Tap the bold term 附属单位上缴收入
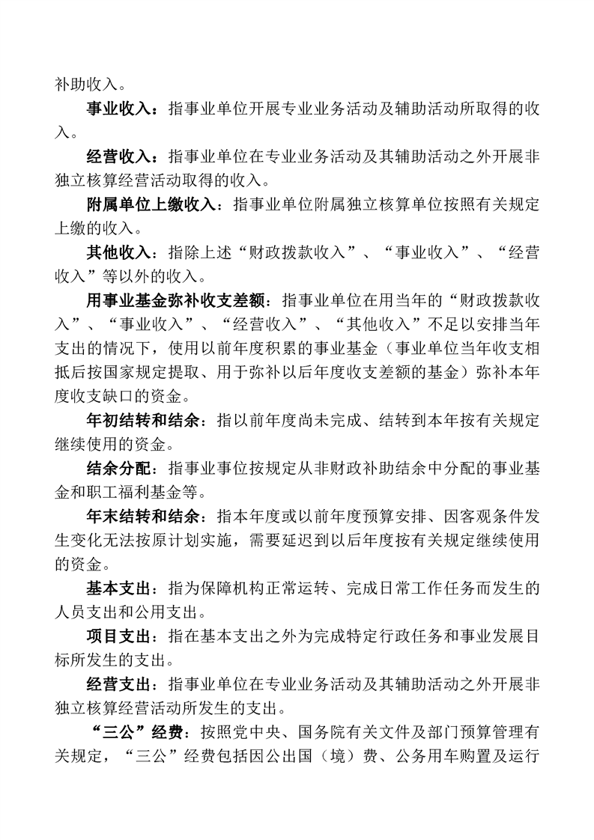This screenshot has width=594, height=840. pyautogui.click(x=150, y=204)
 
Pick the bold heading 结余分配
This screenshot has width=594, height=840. pyautogui.click(x=118, y=468)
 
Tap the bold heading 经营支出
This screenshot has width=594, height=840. pyautogui.click(x=118, y=684)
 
